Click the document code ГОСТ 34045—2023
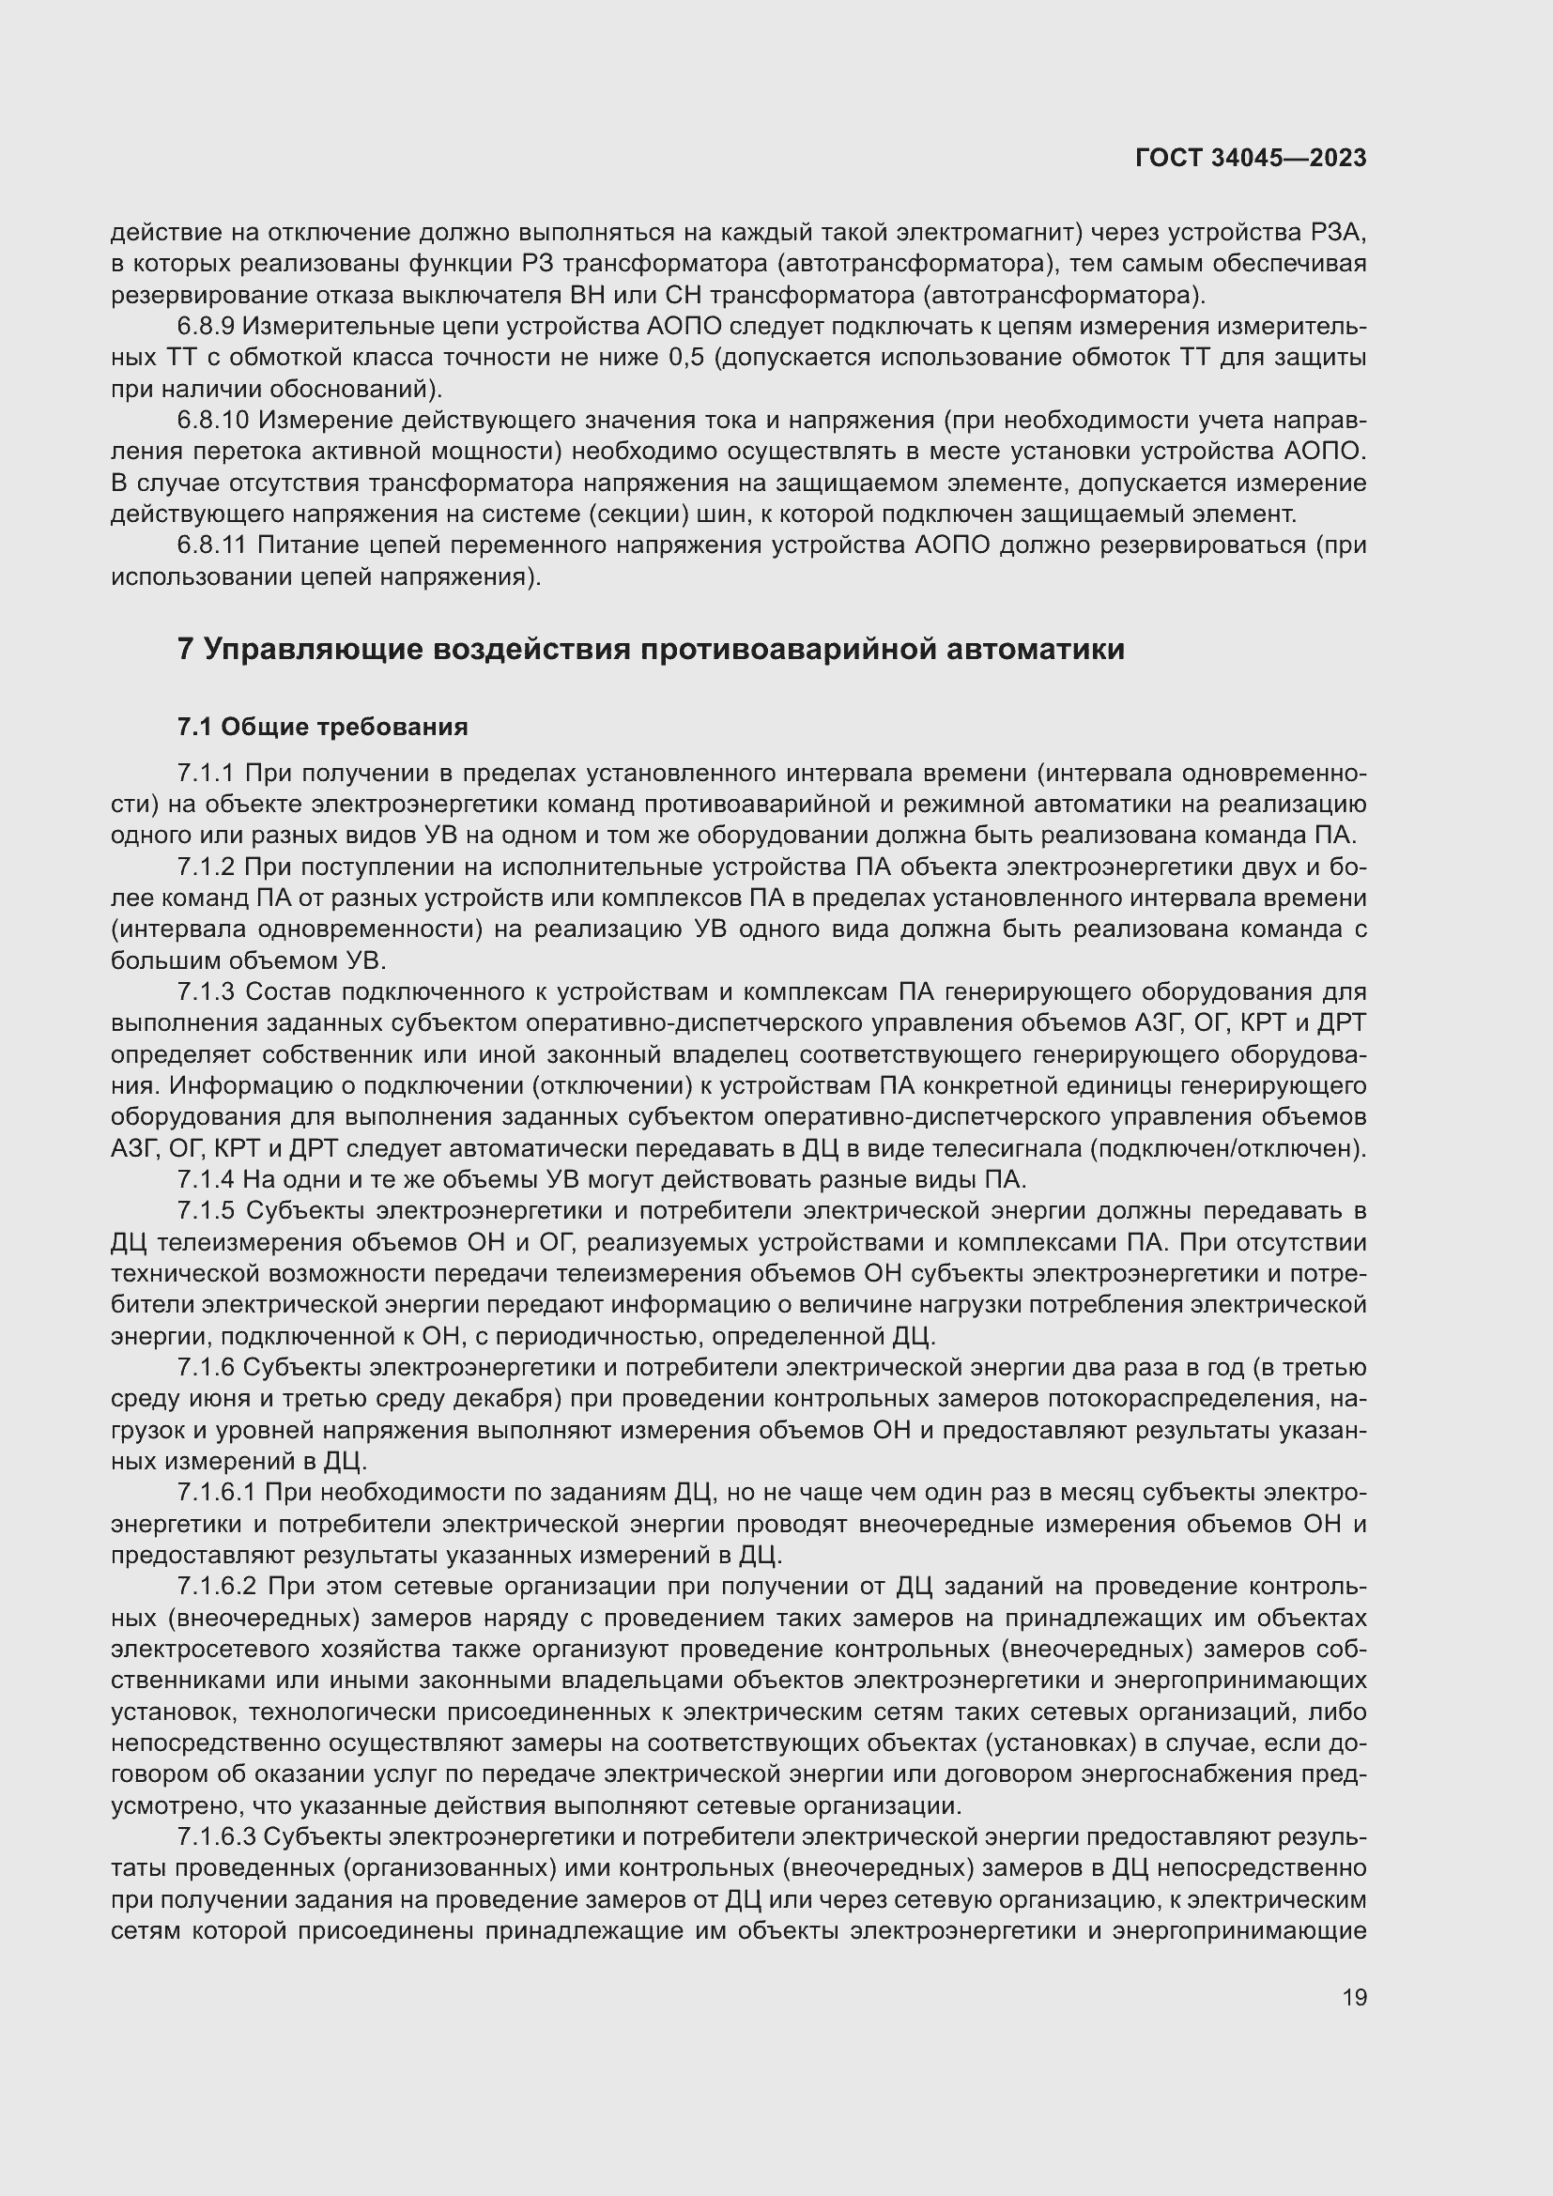(1251, 158)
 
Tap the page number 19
(1354, 1997)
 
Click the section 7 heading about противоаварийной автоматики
(651, 650)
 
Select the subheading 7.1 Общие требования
(322, 727)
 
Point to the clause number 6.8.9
(206, 327)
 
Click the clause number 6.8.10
(212, 421)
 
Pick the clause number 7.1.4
(206, 1180)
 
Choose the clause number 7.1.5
(206, 1212)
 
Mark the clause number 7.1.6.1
(216, 1493)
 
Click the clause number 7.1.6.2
(217, 1587)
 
